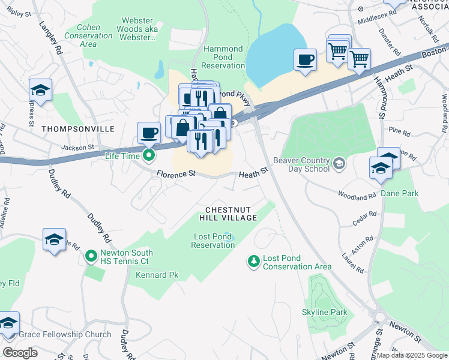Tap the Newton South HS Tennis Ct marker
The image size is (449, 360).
coord(91,257)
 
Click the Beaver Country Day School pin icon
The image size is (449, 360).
coord(339,164)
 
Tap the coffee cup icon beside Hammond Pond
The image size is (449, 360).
coord(305,60)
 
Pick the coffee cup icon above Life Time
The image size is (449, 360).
coord(149,133)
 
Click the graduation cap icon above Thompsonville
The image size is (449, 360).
coord(40,90)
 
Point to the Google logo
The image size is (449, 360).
coord(20,352)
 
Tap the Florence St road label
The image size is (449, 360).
coord(176,174)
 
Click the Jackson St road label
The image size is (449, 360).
coord(77,146)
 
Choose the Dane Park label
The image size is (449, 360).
coord(399,194)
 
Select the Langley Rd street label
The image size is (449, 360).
coord(51,39)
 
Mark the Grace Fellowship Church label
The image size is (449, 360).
coord(65,334)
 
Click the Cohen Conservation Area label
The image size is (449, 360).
coord(87,35)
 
